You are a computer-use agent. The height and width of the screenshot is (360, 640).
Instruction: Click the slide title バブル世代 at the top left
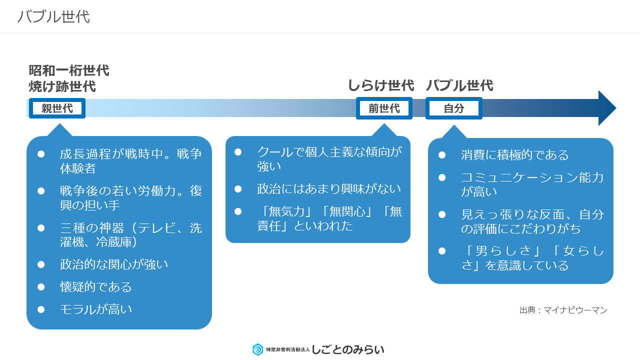point(53,16)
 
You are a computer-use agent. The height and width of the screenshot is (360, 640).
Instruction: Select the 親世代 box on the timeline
point(57,108)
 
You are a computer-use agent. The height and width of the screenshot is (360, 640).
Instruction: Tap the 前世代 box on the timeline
point(384,108)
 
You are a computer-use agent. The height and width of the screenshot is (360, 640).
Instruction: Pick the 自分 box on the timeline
point(453,108)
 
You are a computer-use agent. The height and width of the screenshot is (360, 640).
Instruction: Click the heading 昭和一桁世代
point(69,70)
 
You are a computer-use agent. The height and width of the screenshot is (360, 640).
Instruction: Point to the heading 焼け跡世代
point(62,86)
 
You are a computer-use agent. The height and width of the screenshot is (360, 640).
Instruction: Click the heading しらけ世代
point(381,85)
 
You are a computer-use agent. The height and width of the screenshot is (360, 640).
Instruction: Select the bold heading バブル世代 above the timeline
point(459,85)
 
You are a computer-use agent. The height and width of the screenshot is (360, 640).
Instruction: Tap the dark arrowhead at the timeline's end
point(607,108)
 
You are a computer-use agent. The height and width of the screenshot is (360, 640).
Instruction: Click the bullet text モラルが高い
point(96,309)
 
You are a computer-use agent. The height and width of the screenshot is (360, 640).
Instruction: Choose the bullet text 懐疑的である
point(95,287)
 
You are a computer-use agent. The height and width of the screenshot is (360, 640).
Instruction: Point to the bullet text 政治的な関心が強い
point(113,264)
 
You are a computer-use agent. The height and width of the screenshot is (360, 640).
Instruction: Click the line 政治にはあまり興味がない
point(329,189)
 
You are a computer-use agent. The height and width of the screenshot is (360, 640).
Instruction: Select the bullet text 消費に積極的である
point(514,155)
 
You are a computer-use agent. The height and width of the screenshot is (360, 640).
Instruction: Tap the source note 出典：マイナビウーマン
point(563,310)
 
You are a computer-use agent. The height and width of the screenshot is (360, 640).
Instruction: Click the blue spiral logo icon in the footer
point(257,349)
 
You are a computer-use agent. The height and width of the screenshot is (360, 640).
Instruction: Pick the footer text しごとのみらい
point(347,349)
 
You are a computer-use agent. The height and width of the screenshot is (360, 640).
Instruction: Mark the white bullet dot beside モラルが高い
point(41,309)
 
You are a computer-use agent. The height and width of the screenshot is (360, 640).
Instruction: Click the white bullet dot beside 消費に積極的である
point(442,155)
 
